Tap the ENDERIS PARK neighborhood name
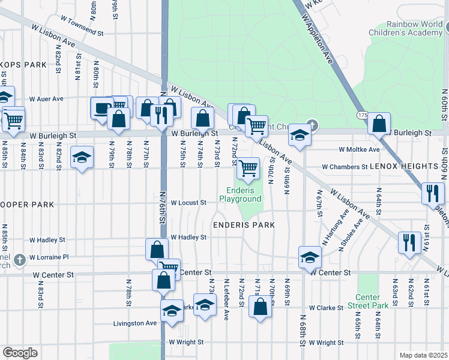coord(244,225)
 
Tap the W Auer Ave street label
coord(46,98)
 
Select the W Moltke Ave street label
coord(359,149)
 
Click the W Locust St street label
coord(188,203)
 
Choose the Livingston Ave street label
coord(135,323)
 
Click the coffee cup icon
coord(101,107)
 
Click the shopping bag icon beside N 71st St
coord(260,307)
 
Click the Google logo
coord(20,352)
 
